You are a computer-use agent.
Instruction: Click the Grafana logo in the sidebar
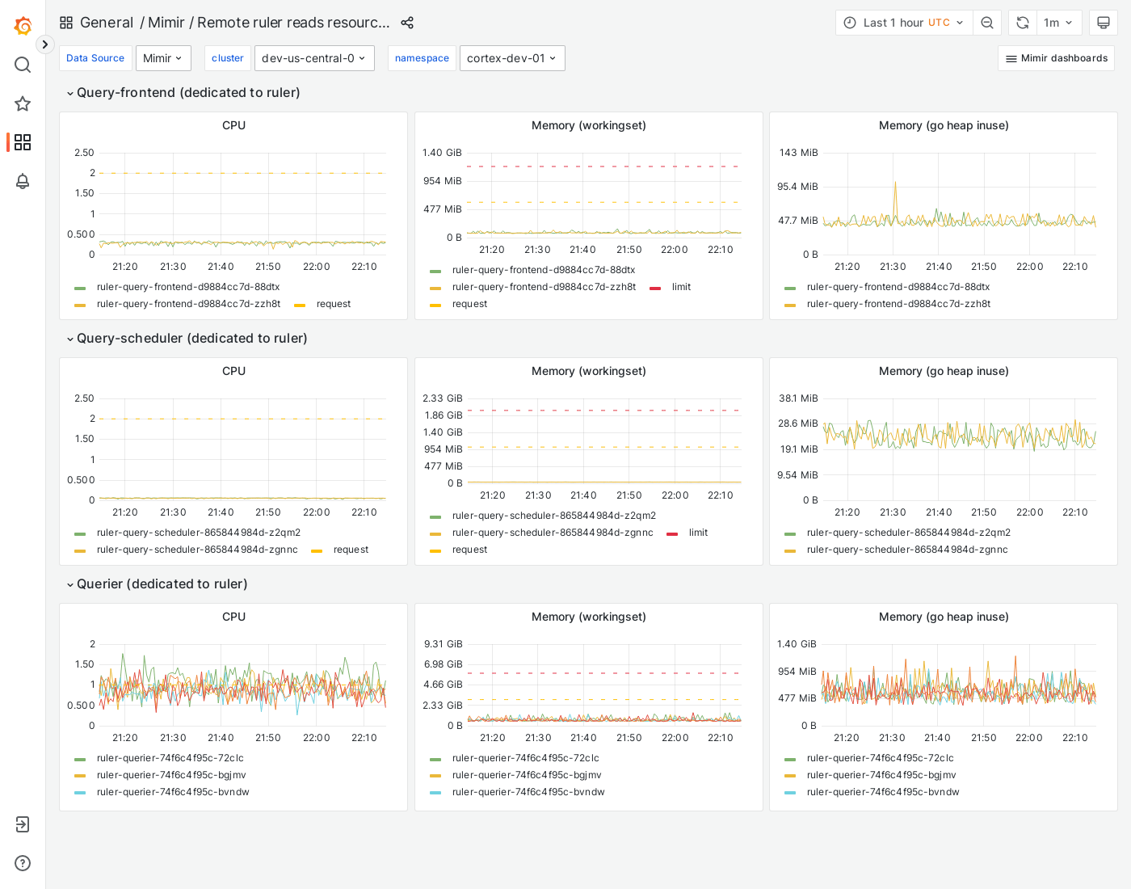tap(23, 26)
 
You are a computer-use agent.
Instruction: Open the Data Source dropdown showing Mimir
tap(163, 58)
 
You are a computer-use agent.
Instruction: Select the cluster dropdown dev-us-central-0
tap(314, 58)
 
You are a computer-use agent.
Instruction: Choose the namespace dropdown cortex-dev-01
tap(512, 58)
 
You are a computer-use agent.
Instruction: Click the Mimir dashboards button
tap(1056, 58)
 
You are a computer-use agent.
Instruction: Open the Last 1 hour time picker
tap(904, 23)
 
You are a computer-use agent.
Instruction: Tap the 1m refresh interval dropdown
tap(1057, 23)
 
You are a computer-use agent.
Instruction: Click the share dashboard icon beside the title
tap(407, 23)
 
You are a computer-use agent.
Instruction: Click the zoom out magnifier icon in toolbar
tap(987, 23)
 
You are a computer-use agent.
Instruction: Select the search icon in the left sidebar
tap(23, 65)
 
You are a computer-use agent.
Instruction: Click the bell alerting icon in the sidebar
tap(23, 181)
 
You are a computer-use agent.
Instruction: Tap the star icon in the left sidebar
tap(23, 103)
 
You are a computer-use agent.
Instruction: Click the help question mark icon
tap(23, 863)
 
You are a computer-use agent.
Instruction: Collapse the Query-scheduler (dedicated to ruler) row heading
tap(191, 339)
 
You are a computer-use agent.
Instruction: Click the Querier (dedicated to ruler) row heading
tap(162, 584)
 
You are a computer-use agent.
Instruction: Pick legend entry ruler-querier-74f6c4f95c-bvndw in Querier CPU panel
tap(173, 792)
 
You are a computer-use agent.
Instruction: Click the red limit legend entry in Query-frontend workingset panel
tap(680, 287)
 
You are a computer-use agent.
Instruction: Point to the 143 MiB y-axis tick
tap(798, 153)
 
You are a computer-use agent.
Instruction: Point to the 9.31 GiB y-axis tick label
tap(443, 644)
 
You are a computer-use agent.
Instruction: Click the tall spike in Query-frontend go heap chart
tap(895, 184)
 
